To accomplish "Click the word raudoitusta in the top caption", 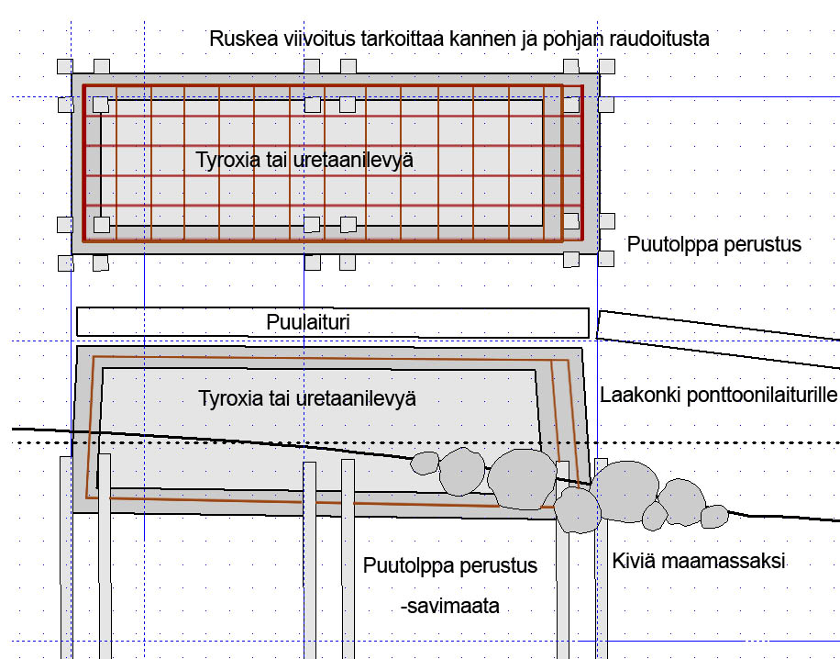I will coord(662,39).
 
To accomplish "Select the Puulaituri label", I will coord(308,322).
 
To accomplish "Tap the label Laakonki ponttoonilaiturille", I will coord(718,396).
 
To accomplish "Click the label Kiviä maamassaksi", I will coord(700,560).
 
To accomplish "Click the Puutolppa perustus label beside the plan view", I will coord(714,245).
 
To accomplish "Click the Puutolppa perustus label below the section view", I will coord(449,564).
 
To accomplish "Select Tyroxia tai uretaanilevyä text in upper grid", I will coord(304,160).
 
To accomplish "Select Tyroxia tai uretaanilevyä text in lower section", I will coord(306,399).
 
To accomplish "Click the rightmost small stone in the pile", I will coord(713,517).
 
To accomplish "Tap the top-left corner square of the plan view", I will coord(64,66).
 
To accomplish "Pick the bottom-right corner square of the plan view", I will coord(606,262).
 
